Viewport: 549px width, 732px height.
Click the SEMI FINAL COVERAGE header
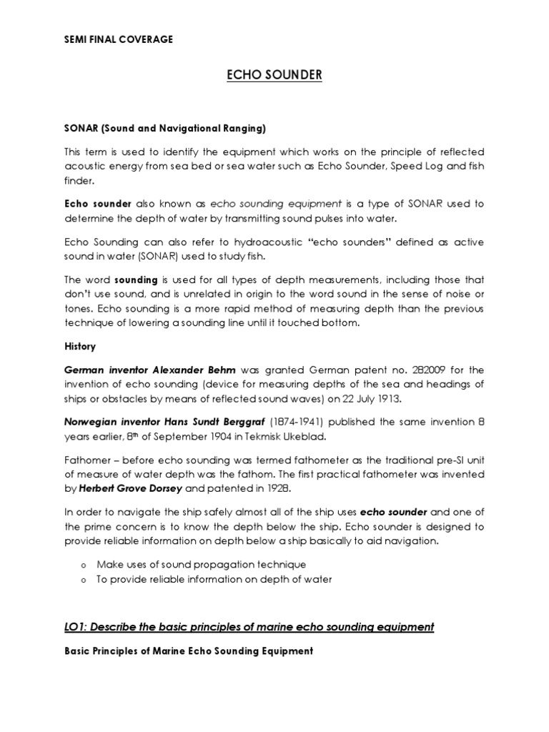119,39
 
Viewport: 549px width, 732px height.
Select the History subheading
80,346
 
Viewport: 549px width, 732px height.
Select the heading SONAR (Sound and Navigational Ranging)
164,129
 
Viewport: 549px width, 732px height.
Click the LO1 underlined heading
249,627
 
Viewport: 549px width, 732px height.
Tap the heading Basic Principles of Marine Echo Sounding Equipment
189,651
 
